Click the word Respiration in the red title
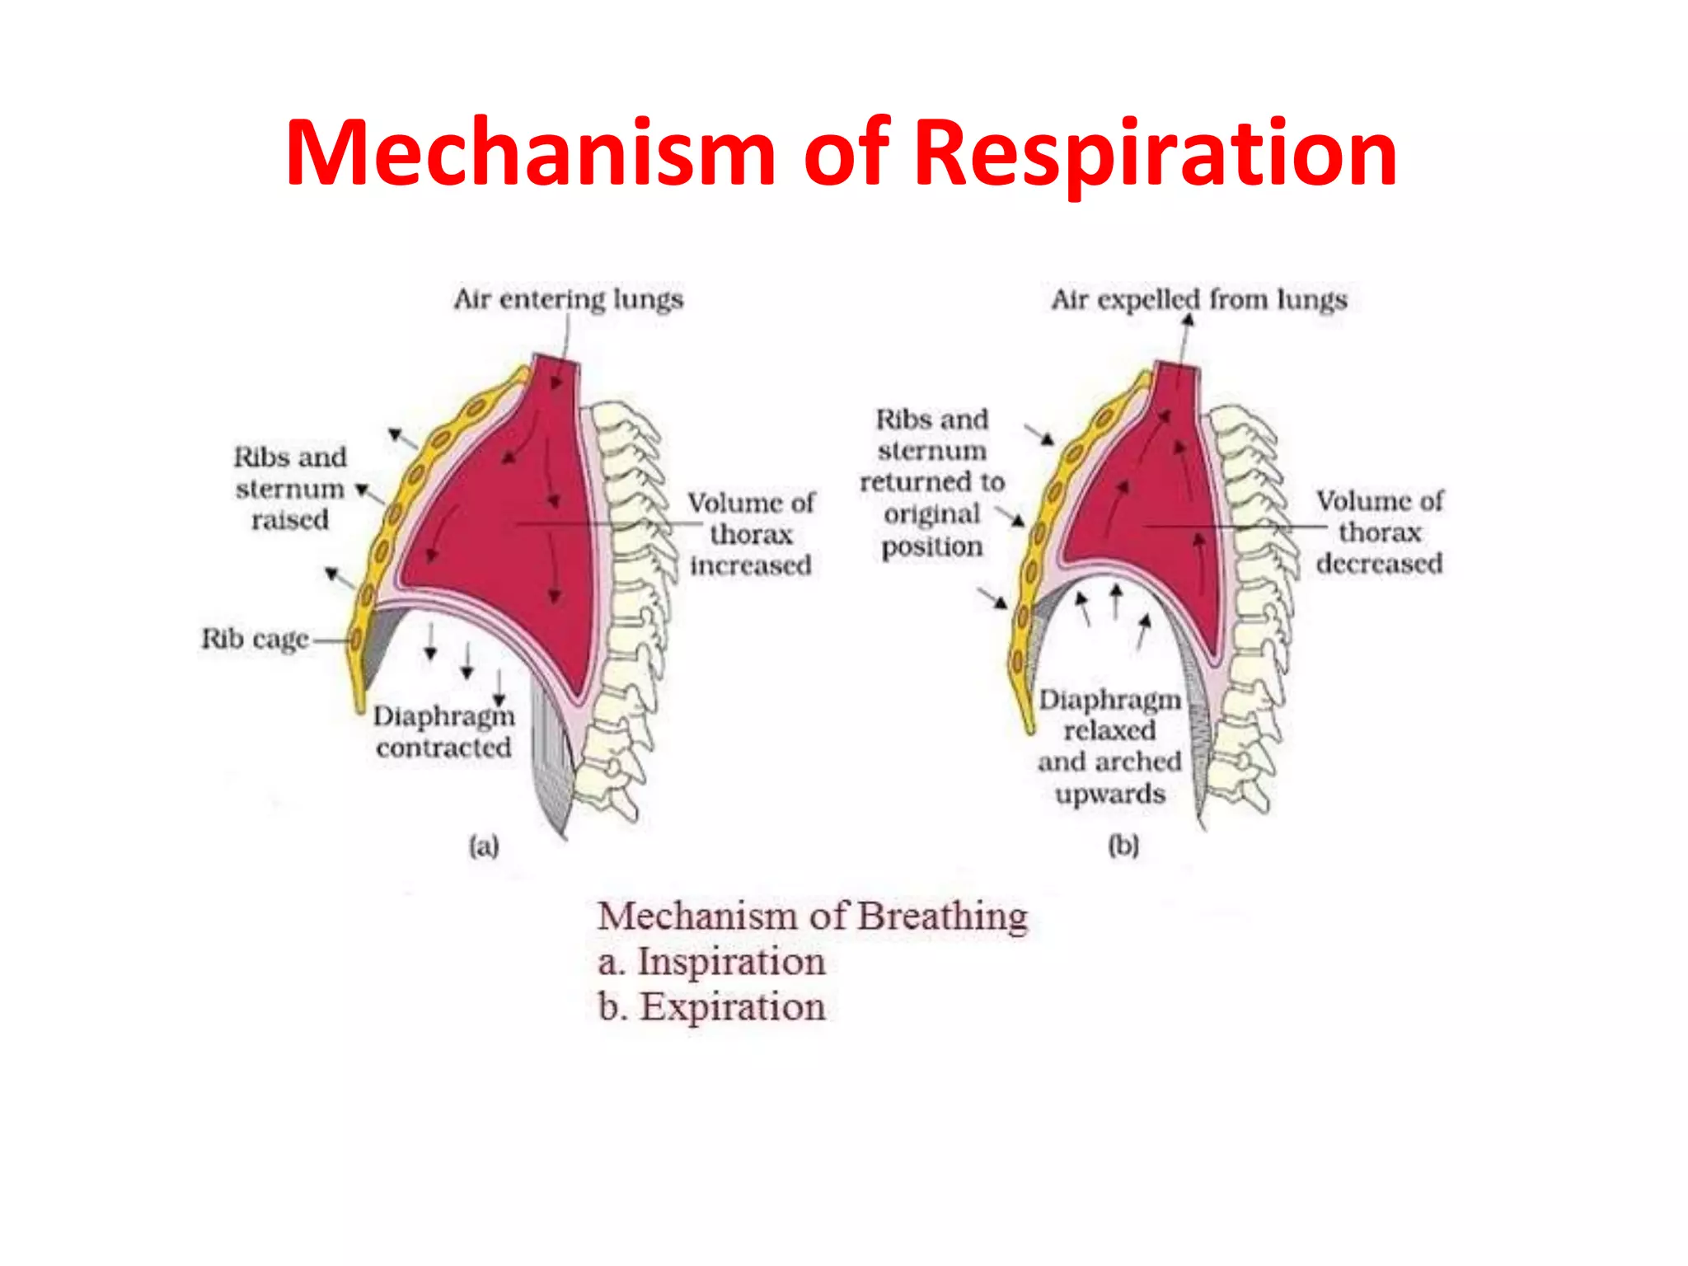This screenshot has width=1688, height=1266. [1155, 154]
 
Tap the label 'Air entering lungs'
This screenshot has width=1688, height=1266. [568, 298]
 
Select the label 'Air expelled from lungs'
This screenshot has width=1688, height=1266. [1198, 299]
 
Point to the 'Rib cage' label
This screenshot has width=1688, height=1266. [255, 639]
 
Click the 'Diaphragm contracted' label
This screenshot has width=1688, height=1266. [443, 732]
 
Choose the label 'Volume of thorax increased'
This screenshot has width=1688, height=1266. [751, 534]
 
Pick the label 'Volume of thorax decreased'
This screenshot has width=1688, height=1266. [1379, 532]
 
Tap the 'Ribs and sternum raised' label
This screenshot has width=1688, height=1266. [290, 488]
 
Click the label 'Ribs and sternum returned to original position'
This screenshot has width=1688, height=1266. [932, 482]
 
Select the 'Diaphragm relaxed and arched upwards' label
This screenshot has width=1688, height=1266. [1109, 747]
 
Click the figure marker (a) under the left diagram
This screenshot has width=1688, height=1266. [484, 846]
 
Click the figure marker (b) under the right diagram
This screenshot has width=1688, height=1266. [1123, 846]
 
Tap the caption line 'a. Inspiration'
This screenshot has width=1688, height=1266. [711, 962]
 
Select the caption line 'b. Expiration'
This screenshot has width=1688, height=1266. [711, 1007]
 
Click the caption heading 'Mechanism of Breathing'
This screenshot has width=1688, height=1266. [813, 916]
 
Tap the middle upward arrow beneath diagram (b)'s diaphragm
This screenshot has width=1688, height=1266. [1116, 601]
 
